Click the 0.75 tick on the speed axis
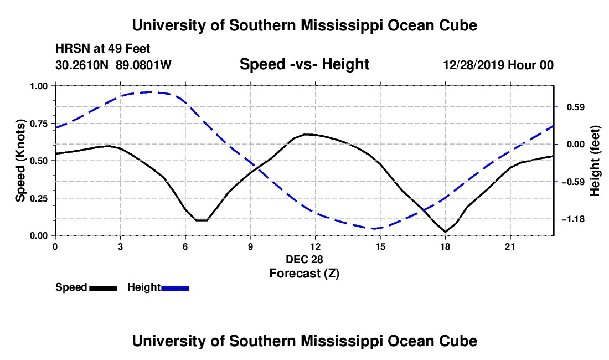(38, 124)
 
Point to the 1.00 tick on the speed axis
(38, 86)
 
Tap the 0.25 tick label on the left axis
(38, 198)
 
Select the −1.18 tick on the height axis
(573, 219)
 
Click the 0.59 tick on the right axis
(576, 107)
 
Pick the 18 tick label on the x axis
(445, 246)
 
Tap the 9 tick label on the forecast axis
(250, 246)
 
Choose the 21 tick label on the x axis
(510, 246)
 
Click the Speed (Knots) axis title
(20, 161)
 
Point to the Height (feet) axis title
(595, 161)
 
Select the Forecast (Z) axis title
(304, 274)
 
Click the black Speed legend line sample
(104, 289)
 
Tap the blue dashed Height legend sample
(175, 289)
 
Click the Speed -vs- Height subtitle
(304, 64)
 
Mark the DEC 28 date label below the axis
(304, 259)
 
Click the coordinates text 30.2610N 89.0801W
(113, 65)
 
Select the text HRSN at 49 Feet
(103, 49)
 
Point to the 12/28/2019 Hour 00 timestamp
(498, 65)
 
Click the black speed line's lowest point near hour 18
(445, 232)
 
